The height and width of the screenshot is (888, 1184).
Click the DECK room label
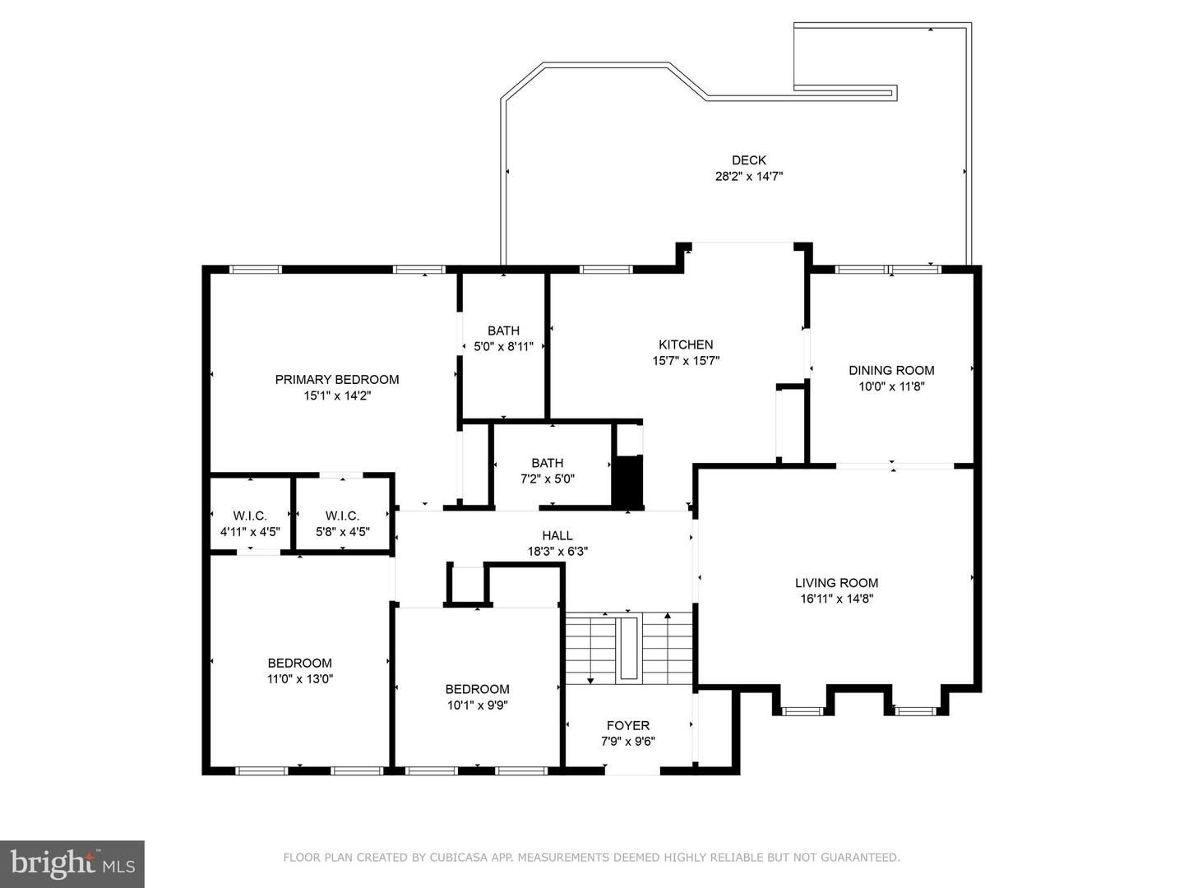pos(749,160)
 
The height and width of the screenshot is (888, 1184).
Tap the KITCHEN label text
pos(686,345)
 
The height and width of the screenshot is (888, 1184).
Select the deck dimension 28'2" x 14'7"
pos(749,176)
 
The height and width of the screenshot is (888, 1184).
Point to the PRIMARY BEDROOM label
pos(337,380)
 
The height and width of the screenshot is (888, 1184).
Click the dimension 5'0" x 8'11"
pos(503,347)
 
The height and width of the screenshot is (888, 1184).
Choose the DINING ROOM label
pos(891,370)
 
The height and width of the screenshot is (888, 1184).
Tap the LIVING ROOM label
pos(837,583)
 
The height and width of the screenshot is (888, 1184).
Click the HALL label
pos(557,535)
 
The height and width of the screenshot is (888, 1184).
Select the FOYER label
pos(628,725)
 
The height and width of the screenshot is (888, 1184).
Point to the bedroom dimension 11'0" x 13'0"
pos(300,679)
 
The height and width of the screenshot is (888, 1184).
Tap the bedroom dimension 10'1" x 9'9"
pos(478,705)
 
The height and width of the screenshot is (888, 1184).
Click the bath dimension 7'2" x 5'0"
pos(548,479)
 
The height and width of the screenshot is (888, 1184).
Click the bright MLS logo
pos(72,863)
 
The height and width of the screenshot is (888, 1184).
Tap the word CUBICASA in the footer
pos(455,857)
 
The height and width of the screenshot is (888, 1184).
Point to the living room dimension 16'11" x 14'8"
pos(837,599)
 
